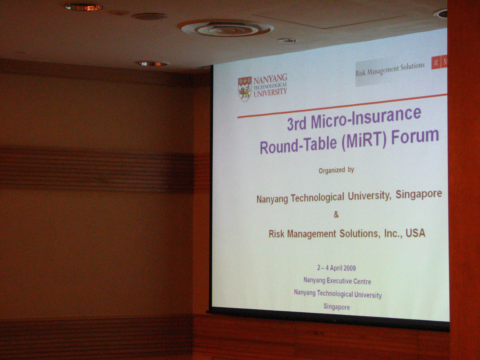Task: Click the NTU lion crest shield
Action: tap(245, 89)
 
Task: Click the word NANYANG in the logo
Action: tap(270, 79)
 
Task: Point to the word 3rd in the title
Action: tap(296, 124)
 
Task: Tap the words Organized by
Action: tap(336, 170)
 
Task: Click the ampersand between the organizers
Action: tap(336, 215)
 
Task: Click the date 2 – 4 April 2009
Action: tap(336, 268)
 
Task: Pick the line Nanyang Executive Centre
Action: tap(337, 281)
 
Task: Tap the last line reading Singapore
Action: tap(337, 307)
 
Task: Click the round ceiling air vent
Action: tap(226, 28)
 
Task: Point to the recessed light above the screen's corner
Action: tap(153, 64)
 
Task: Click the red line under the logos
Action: tap(342, 106)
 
